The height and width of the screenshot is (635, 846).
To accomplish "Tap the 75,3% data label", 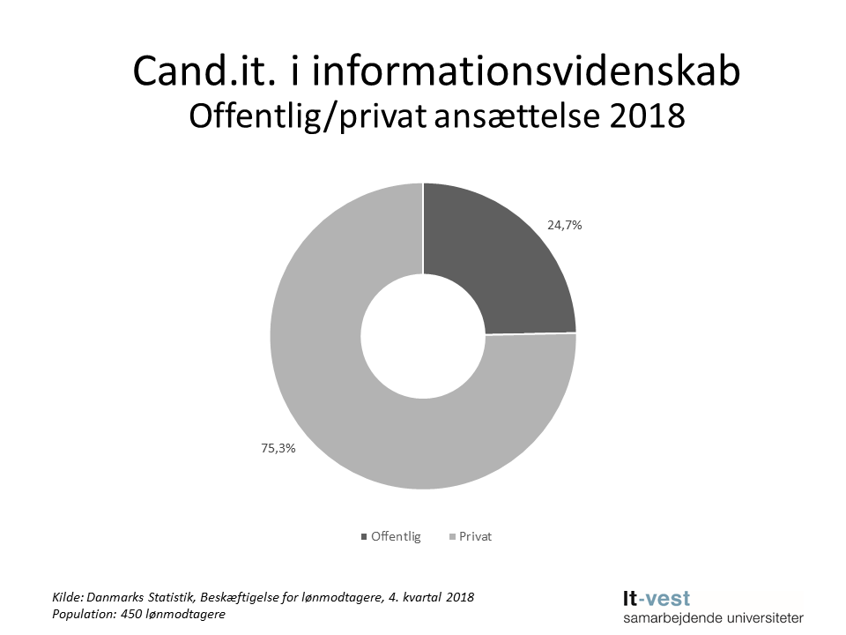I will click(277, 448).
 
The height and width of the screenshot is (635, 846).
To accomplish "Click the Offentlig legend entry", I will click(396, 536).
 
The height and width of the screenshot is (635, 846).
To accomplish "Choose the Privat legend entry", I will click(475, 536).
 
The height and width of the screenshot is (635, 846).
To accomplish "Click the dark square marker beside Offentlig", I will click(364, 536).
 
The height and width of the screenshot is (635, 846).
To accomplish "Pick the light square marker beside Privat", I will click(453, 536).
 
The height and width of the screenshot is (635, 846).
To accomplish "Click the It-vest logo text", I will click(657, 599).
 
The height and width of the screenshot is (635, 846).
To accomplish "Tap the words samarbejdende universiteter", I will click(713, 618).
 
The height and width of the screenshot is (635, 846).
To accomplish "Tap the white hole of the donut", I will click(423, 336).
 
